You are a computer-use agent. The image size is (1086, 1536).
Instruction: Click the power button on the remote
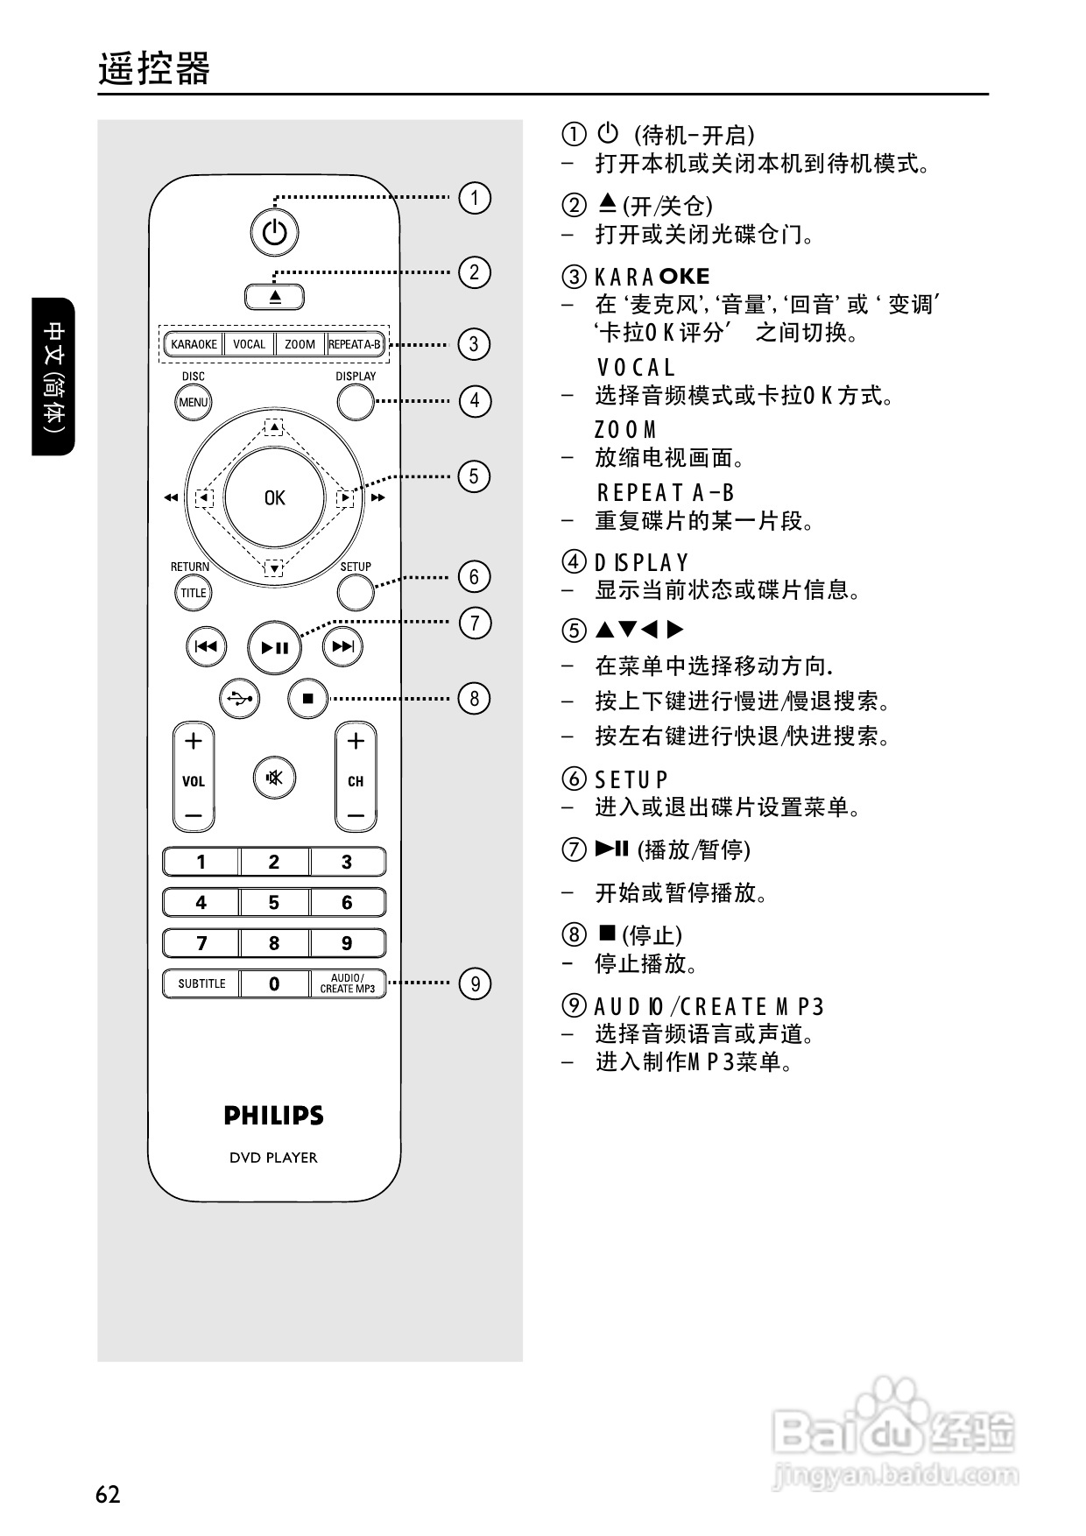pyautogui.click(x=274, y=233)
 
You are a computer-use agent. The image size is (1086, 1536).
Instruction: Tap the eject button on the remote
pyautogui.click(x=275, y=297)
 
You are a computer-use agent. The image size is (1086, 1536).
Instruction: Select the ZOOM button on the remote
pyautogui.click(x=300, y=344)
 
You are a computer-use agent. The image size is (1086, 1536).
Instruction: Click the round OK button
pyautogui.click(x=274, y=497)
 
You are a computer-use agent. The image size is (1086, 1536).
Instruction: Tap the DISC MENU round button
pyautogui.click(x=194, y=403)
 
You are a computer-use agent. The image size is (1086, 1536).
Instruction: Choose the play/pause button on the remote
pyautogui.click(x=274, y=648)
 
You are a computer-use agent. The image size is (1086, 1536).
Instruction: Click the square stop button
pyautogui.click(x=307, y=699)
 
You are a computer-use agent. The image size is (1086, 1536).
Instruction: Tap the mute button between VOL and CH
pyautogui.click(x=274, y=778)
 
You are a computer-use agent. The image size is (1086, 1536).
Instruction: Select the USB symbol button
pyautogui.click(x=240, y=699)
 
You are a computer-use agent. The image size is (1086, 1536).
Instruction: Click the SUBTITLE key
pyautogui.click(x=201, y=983)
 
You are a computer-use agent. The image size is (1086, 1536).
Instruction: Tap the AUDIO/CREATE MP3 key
pyautogui.click(x=347, y=983)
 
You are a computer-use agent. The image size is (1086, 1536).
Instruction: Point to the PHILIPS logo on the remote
pyautogui.click(x=274, y=1116)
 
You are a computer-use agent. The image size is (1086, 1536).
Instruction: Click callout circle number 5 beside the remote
pyautogui.click(x=474, y=476)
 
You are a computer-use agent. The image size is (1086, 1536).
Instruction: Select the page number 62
pyautogui.click(x=108, y=1493)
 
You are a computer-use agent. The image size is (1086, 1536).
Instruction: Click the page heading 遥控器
pyautogui.click(x=154, y=69)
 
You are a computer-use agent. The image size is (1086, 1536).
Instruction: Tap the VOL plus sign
pyautogui.click(x=194, y=741)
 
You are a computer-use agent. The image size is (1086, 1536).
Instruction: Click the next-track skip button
pyautogui.click(x=342, y=647)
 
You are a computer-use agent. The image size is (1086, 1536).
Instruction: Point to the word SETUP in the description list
pyautogui.click(x=631, y=779)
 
